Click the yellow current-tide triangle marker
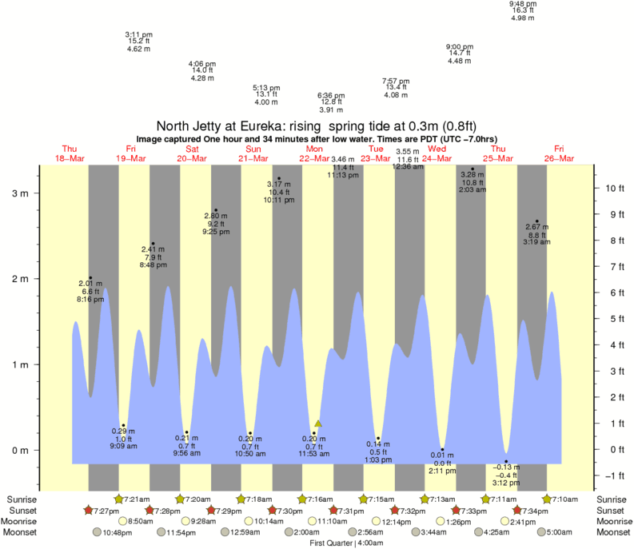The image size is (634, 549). tap(317, 424)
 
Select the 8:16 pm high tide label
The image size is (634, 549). tap(90, 292)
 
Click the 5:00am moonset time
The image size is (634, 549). tap(559, 532)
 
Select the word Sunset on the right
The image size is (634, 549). tap(612, 510)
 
